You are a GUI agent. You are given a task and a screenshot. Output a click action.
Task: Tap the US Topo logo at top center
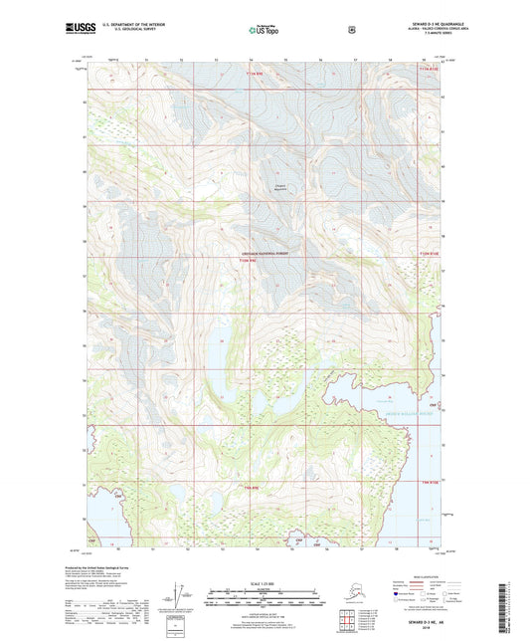pyautogui.click(x=264, y=31)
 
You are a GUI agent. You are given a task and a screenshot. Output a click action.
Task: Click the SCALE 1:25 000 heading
pyautogui.click(x=265, y=582)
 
